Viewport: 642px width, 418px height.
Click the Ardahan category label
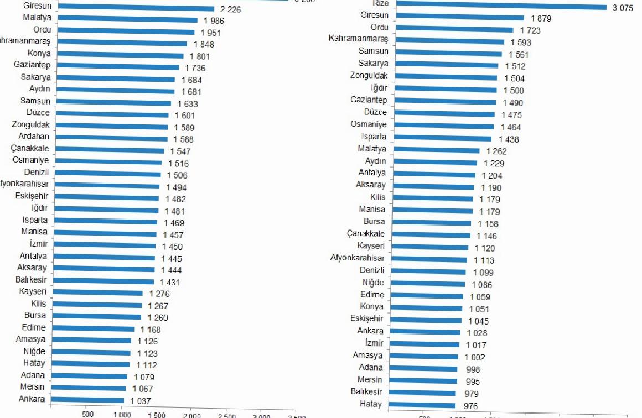coord(34,137)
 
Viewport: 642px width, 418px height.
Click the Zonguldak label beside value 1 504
coord(369,76)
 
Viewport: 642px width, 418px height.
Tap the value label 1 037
coord(141,401)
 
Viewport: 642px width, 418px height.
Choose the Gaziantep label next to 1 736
coord(33,65)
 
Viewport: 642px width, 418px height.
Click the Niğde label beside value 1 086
coord(372,283)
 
